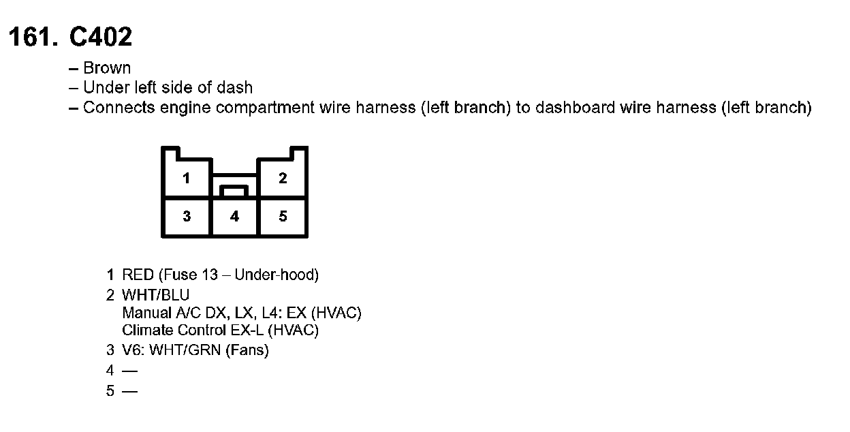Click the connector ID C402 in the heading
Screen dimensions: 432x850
(101, 37)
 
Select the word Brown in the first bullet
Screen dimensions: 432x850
(107, 68)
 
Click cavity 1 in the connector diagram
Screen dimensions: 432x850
(186, 179)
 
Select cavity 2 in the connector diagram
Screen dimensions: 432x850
(283, 179)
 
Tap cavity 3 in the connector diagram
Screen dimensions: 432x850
(186, 217)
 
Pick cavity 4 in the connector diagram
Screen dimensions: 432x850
(234, 217)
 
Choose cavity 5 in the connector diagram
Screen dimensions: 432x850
(283, 217)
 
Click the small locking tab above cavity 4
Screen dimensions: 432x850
(234, 190)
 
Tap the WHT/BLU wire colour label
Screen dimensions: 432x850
(155, 295)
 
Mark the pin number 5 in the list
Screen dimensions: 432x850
(110, 392)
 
